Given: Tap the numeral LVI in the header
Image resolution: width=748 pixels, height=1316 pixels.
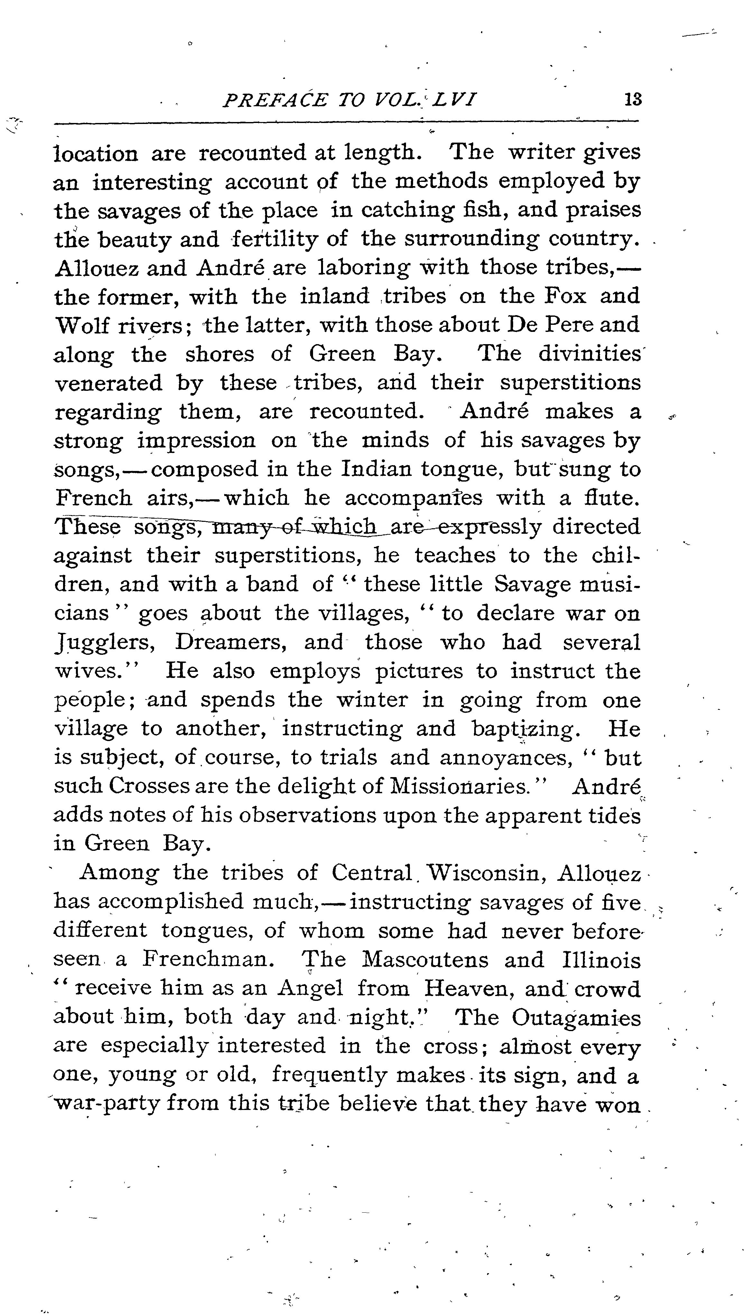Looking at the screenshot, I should tap(454, 99).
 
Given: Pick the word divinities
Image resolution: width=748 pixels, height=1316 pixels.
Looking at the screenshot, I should tap(589, 354).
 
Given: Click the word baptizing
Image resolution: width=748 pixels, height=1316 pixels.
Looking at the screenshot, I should tap(530, 729).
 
